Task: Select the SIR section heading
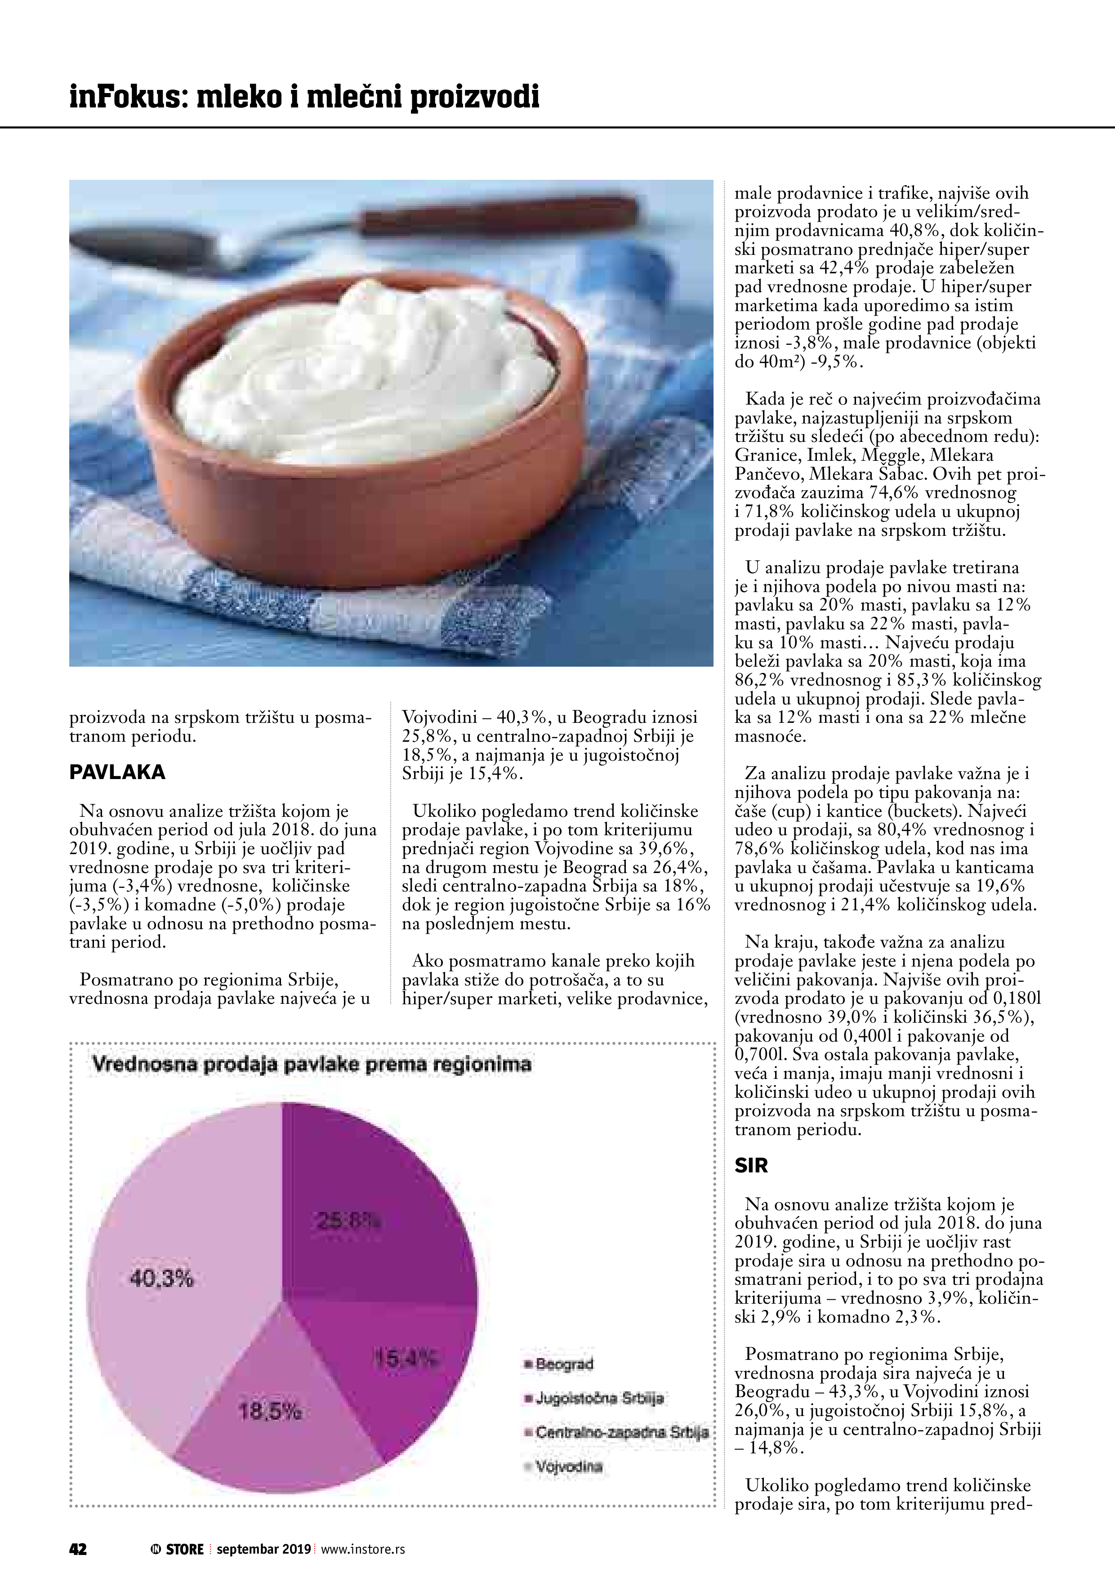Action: tap(751, 1166)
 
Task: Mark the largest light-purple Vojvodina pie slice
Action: tap(172, 1223)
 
